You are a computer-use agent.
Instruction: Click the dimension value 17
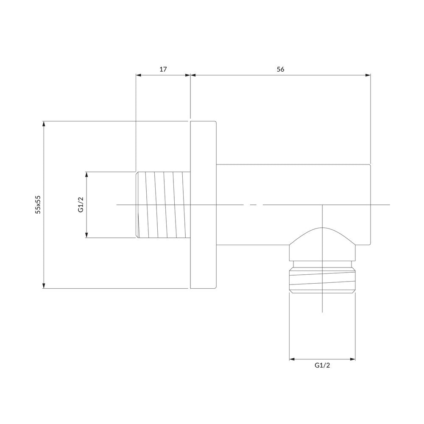[163, 69]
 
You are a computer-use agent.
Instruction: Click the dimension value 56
[280, 69]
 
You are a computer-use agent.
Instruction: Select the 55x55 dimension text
[38, 205]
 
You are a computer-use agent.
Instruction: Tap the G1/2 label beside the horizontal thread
[81, 205]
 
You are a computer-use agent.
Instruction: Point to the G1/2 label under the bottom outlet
[322, 365]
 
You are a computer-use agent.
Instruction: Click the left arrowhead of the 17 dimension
[139, 75]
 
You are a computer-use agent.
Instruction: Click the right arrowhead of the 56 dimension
[368, 75]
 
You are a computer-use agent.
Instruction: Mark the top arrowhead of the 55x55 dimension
[44, 124]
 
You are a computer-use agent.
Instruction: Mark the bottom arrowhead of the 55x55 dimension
[44, 285]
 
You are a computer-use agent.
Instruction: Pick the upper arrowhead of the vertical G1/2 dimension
[87, 175]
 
